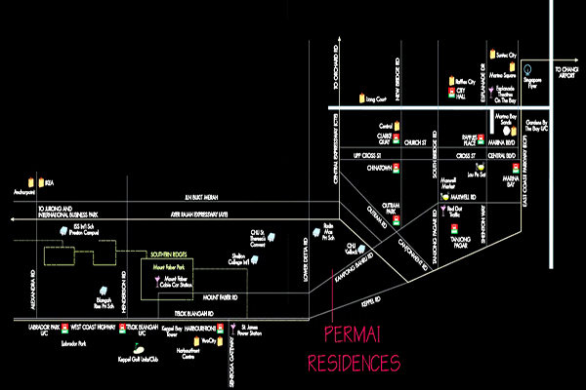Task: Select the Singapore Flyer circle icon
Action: tap(526, 69)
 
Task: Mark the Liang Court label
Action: tap(376, 98)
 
